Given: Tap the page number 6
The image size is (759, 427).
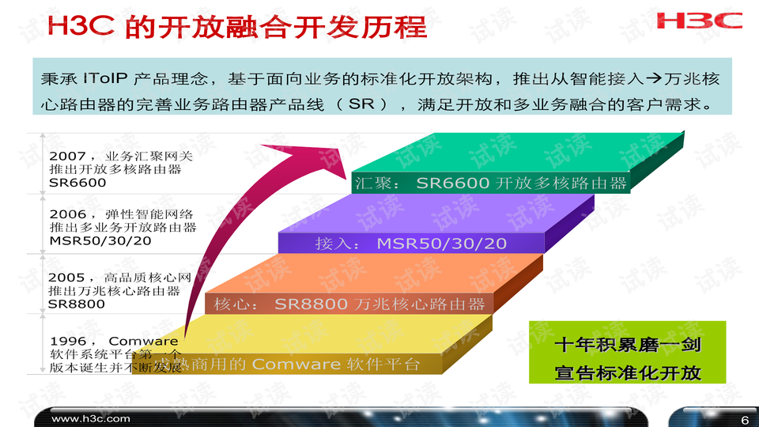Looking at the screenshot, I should click(743, 418).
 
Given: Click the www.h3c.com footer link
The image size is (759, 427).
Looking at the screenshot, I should click(90, 418).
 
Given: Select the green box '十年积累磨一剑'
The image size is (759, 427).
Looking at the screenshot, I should click(627, 345).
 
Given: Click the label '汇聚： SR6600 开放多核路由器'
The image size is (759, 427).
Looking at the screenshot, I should click(490, 183).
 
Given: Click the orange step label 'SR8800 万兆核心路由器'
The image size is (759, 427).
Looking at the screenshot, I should click(379, 304).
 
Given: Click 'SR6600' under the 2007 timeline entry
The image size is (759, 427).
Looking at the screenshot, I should click(77, 183).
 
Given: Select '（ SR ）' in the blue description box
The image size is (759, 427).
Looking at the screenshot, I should click(361, 104).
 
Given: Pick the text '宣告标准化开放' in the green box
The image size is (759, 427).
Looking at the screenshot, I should click(627, 372).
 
